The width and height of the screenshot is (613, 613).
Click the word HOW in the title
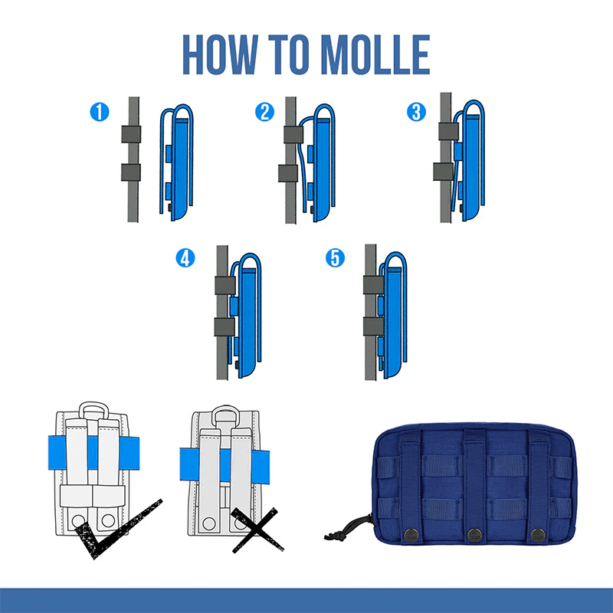click(221, 54)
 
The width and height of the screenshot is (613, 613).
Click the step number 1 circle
click(100, 112)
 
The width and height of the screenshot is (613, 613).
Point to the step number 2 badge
click(264, 112)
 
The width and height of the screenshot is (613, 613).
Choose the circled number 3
click(416, 112)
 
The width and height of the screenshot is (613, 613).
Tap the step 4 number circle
click(185, 258)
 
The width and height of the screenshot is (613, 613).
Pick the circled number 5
click(335, 258)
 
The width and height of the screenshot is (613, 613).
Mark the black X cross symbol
click(256, 529)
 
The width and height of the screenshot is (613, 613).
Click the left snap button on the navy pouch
click(411, 535)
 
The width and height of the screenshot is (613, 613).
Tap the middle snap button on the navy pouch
click(474, 535)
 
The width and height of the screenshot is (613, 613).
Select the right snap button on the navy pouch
click(538, 535)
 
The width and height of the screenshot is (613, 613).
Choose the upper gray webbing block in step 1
click(131, 134)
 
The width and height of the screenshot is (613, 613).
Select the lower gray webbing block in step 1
click(131, 172)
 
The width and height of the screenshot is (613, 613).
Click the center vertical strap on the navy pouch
click(474, 485)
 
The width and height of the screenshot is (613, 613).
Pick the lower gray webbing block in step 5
click(373, 326)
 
